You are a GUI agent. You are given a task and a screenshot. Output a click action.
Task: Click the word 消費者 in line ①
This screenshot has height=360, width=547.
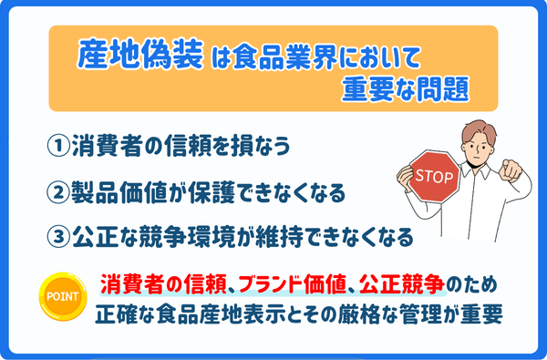(x=108, y=147)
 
